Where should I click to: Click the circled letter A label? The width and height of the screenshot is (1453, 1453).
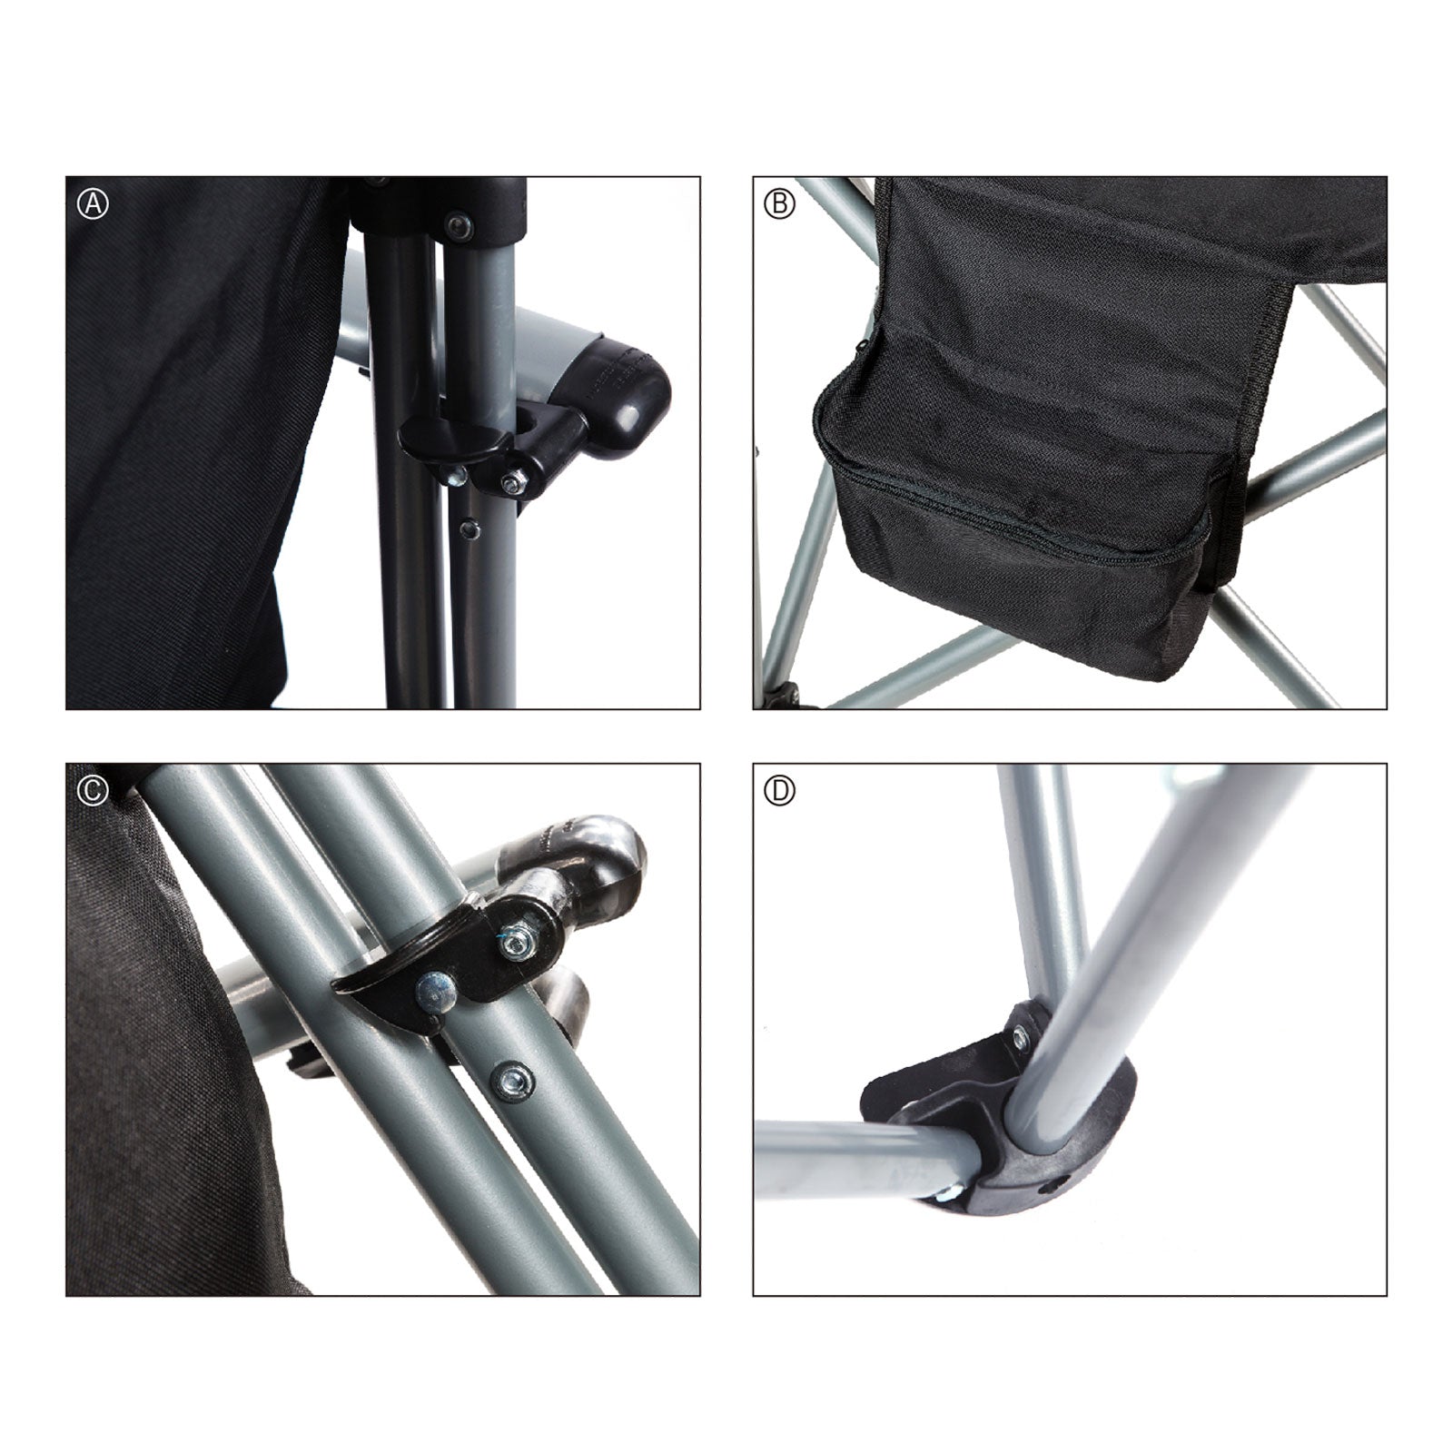92,203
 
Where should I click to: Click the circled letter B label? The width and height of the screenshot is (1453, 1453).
779,203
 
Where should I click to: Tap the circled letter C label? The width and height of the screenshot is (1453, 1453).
92,790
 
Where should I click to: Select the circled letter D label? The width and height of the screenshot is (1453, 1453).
779,791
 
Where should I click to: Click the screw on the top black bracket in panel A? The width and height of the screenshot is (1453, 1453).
458,227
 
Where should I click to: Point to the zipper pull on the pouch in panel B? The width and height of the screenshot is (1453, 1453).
861,346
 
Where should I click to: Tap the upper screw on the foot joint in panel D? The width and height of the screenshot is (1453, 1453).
1022,1032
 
